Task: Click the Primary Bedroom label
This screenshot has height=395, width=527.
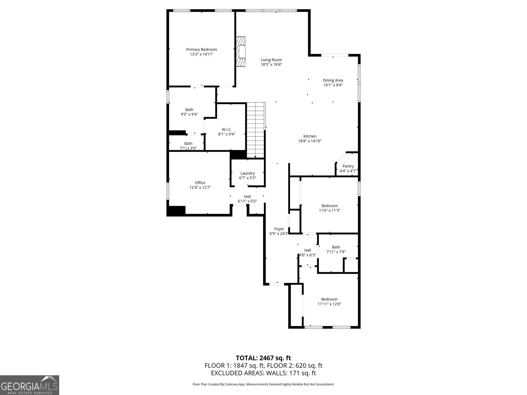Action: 202,49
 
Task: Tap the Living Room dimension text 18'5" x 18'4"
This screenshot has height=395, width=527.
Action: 271,65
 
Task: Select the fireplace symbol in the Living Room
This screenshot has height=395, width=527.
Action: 241,51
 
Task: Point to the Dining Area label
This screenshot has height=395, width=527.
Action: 333,80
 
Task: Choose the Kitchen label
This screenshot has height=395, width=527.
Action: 310,136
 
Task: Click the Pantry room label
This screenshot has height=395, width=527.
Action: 348,166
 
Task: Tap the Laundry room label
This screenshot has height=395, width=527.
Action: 247,173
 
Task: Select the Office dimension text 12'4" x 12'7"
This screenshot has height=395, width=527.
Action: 200,187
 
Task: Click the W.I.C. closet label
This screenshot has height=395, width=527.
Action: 227,129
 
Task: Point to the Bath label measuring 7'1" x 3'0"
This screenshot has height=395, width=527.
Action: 188,144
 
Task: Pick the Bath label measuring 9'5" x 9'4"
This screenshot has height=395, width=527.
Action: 189,110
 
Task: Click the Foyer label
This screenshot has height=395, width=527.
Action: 279,229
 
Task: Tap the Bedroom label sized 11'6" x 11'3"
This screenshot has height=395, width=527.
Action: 329,206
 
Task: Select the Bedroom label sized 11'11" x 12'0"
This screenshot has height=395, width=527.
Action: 329,299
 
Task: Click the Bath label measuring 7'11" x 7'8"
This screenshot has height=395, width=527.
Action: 336,247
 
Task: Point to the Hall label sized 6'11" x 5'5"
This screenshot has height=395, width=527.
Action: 247,197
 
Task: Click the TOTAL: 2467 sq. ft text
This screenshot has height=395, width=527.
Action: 263,358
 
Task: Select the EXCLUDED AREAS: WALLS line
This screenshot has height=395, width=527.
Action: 263,373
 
